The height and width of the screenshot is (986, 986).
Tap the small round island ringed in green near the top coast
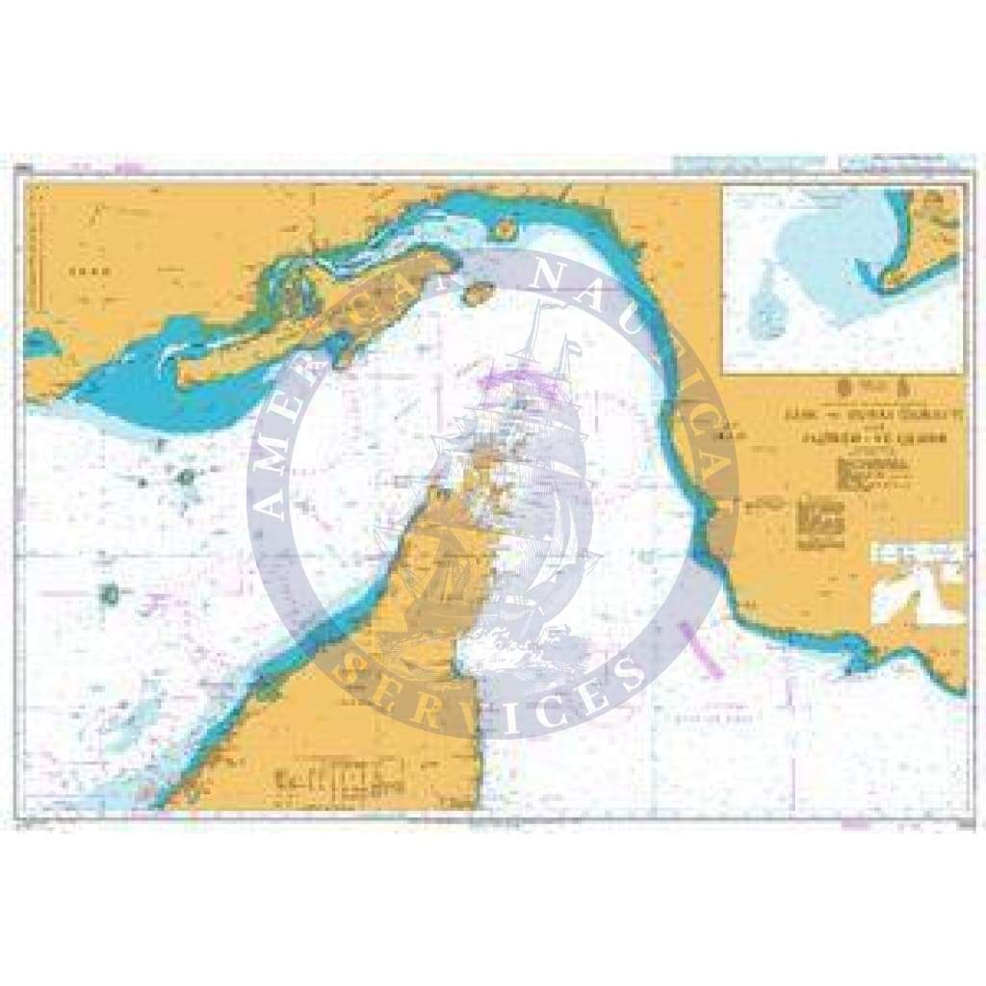tap(504, 229)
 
